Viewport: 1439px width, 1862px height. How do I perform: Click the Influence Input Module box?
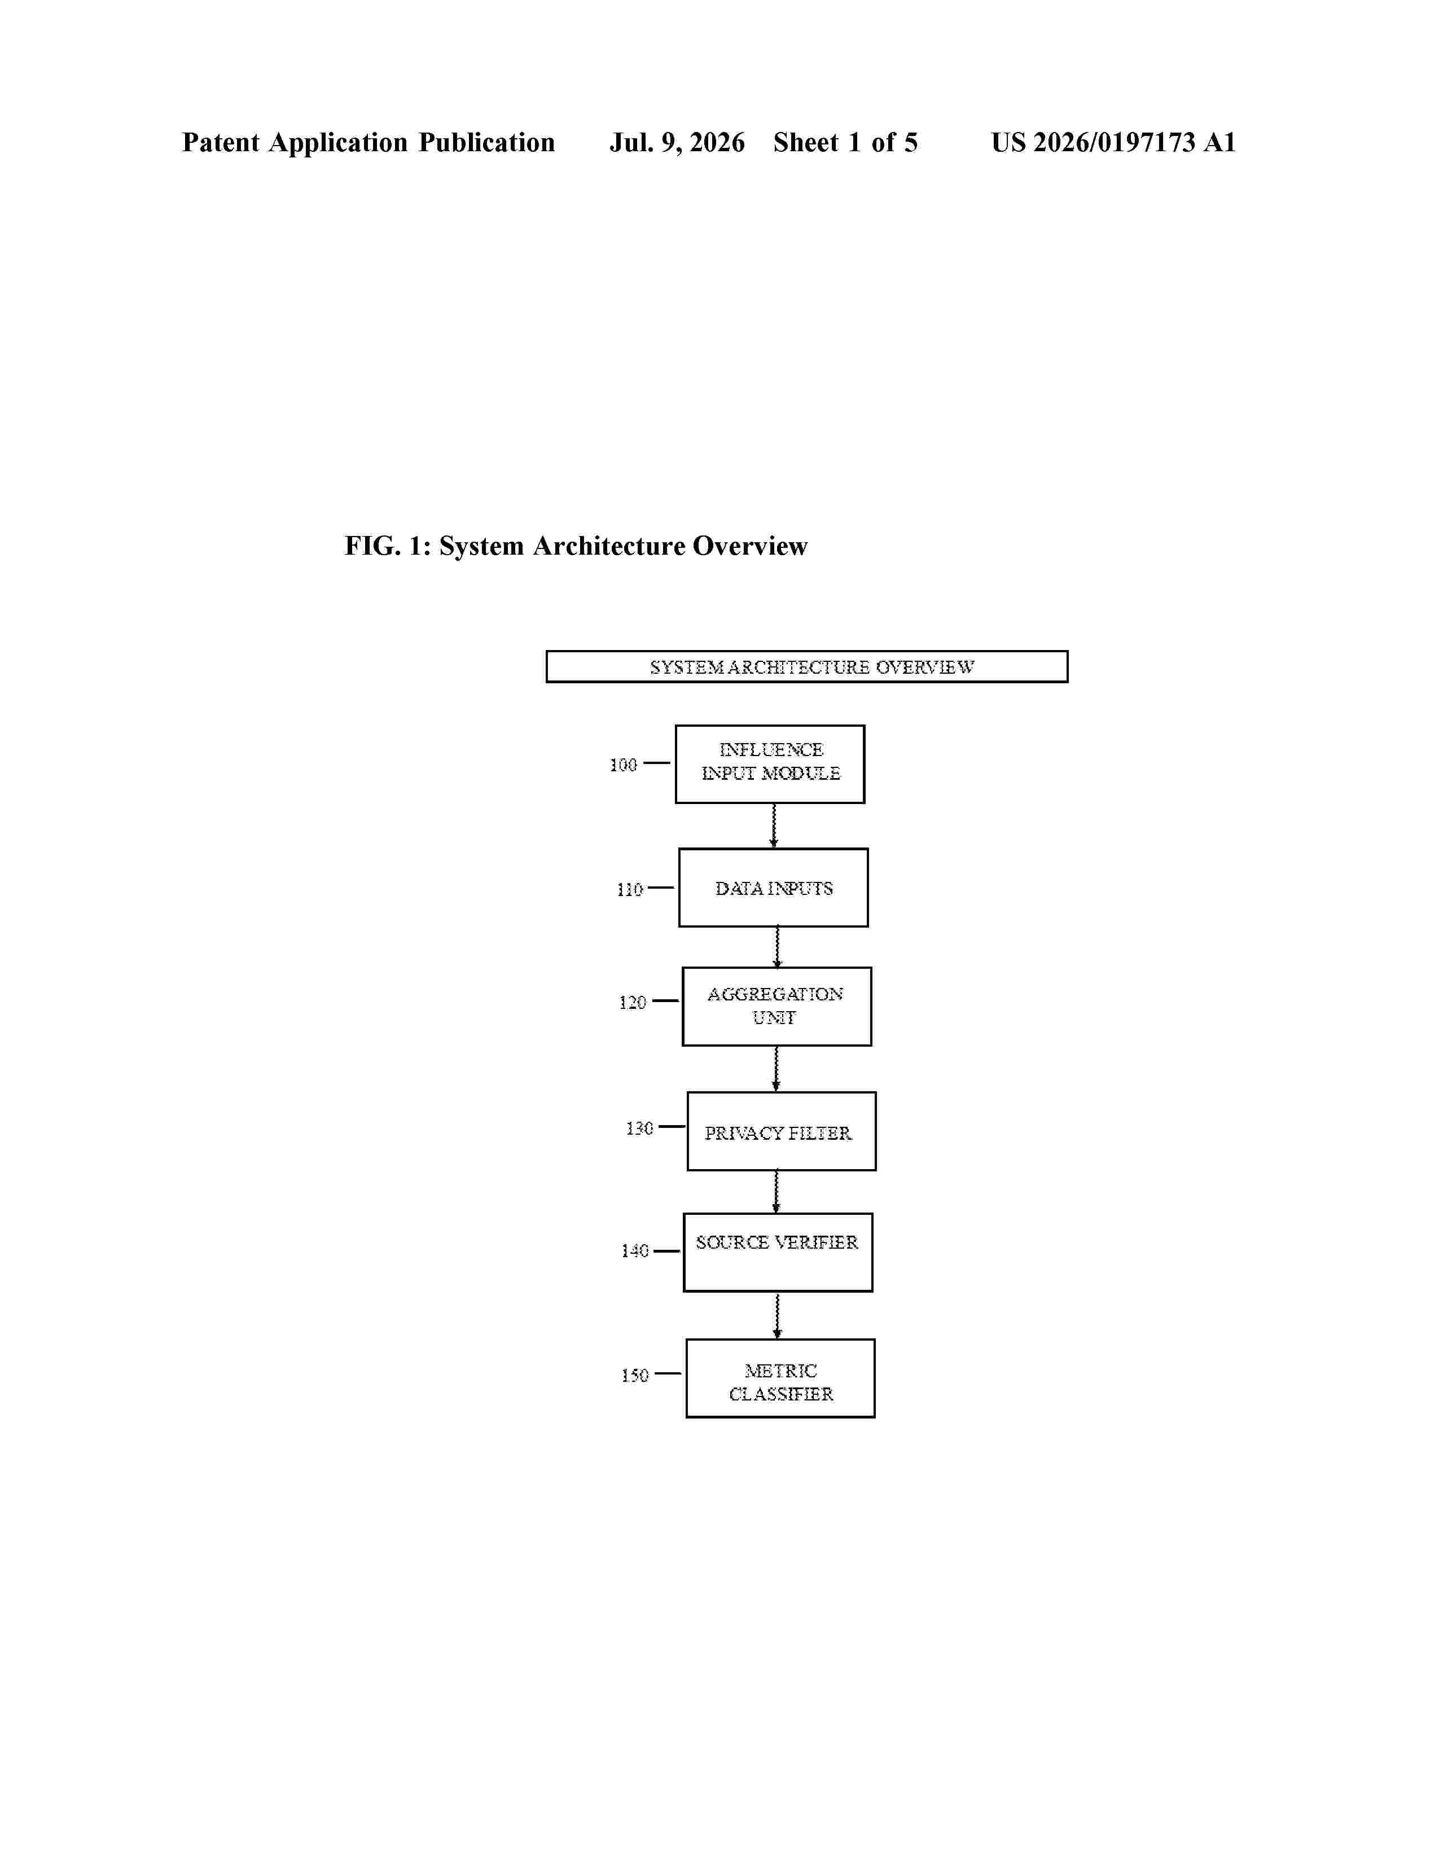click(770, 764)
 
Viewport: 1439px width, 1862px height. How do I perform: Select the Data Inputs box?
click(773, 888)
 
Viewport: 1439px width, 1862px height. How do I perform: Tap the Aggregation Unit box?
click(776, 1006)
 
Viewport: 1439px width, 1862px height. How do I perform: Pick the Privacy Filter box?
click(781, 1131)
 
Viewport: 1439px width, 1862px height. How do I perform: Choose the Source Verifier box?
click(778, 1253)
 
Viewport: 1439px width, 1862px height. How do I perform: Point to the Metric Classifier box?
click(780, 1378)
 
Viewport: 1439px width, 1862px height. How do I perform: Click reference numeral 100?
click(623, 765)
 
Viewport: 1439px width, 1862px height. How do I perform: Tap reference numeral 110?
click(629, 889)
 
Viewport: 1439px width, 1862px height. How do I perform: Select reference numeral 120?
click(633, 1003)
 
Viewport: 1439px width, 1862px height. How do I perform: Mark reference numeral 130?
click(639, 1129)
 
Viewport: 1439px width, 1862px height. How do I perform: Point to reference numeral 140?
click(635, 1251)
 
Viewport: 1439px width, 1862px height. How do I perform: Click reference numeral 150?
click(635, 1375)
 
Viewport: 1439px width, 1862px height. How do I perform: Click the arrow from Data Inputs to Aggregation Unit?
click(776, 947)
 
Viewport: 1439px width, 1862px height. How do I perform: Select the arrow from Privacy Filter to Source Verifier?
click(776, 1192)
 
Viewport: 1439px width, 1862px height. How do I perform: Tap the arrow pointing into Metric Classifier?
click(776, 1315)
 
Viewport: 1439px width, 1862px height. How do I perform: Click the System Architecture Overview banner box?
click(806, 667)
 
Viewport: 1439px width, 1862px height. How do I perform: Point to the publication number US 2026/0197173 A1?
click(1113, 142)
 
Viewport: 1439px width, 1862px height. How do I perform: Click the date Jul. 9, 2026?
click(677, 142)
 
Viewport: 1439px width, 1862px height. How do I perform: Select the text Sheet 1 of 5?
click(846, 142)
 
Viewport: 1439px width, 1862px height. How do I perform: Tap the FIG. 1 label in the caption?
click(388, 546)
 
